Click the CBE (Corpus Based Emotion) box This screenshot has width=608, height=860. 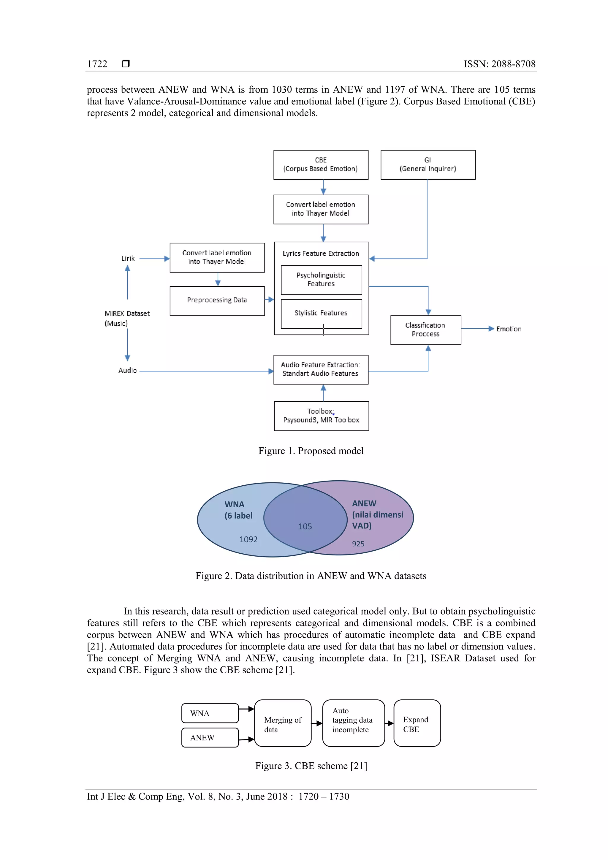tap(321, 165)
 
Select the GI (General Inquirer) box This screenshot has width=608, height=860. tap(428, 165)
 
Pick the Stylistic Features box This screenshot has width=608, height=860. tap(321, 313)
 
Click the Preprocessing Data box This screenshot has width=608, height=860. tap(217, 301)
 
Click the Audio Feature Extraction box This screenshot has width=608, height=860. tap(321, 369)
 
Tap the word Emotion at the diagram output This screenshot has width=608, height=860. tap(509, 329)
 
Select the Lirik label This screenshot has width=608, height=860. tap(128, 259)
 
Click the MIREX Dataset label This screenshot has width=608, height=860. tap(127, 314)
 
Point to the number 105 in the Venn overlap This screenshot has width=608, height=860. tap(305, 527)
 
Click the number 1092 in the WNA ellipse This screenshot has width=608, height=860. tap(248, 539)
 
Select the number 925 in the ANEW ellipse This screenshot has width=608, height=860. tap(358, 544)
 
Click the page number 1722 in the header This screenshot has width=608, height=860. tap(97, 64)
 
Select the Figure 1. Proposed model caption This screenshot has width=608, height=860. tap(311, 451)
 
